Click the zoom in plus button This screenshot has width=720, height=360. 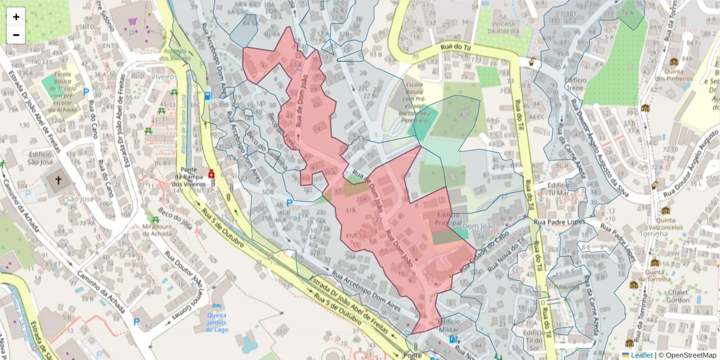click(16, 17)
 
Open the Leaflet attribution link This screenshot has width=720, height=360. click(643, 355)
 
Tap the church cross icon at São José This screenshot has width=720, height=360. click(59, 180)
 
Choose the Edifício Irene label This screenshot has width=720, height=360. click(574, 83)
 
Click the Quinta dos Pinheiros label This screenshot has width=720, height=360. click(674, 74)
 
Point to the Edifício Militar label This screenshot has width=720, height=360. click(449, 326)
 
